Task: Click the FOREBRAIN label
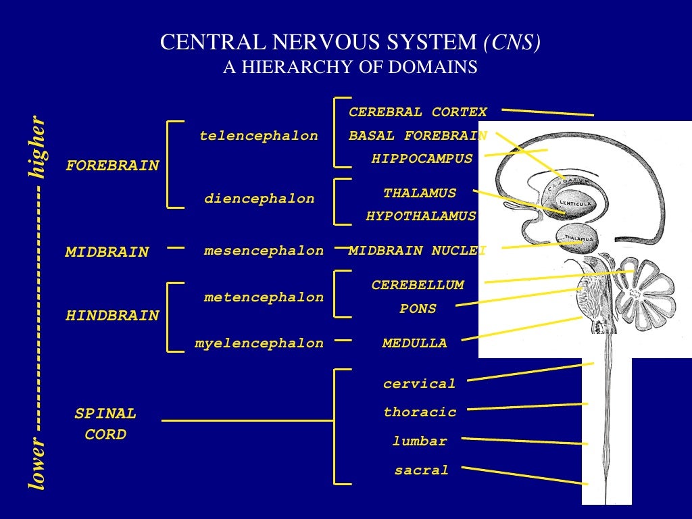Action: [x=112, y=166]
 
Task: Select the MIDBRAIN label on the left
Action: [x=107, y=252]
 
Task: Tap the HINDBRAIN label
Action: [x=112, y=316]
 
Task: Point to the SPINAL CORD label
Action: [x=105, y=424]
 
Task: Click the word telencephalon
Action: [x=258, y=136]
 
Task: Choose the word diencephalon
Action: [x=259, y=199]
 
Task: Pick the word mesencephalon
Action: [x=264, y=251]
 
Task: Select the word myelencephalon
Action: [x=259, y=343]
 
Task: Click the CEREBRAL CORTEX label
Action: [x=418, y=112]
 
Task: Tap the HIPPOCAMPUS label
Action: [x=422, y=159]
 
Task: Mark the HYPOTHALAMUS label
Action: [x=421, y=216]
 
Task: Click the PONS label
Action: [x=418, y=309]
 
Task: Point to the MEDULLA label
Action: [x=414, y=343]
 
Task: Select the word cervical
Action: [x=419, y=384]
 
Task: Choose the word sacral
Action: [x=421, y=470]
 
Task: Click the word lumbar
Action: [x=420, y=441]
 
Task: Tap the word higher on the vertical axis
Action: [x=38, y=147]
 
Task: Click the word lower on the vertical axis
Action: [x=38, y=464]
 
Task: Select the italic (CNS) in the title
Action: [x=512, y=43]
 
